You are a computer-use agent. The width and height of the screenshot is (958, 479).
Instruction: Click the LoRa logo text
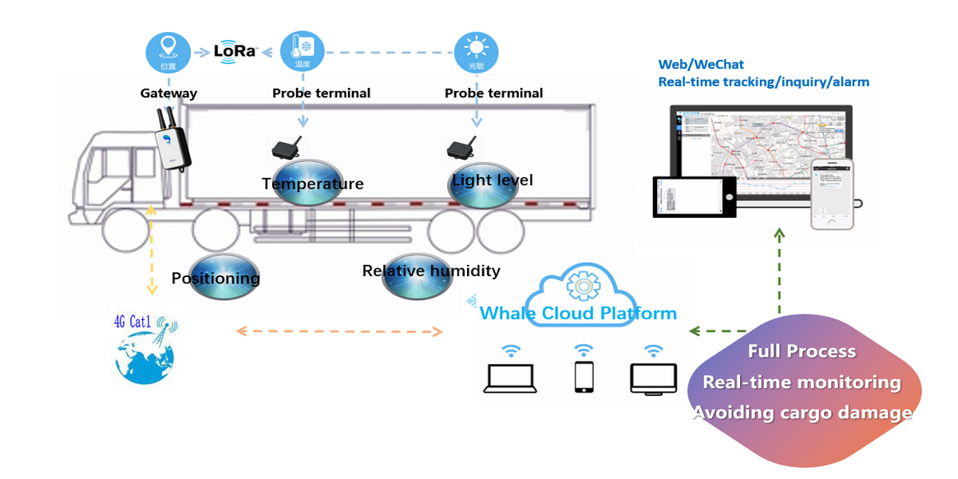235,51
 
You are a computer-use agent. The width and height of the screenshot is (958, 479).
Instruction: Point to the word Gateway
168,93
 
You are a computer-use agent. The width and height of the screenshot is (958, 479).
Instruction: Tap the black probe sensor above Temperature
286,148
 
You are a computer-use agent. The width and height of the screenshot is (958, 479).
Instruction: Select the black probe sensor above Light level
461,148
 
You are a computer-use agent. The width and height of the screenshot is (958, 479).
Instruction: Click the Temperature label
312,184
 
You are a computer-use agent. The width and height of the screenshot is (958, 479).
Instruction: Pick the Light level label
492,180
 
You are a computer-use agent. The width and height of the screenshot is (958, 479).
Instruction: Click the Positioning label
216,279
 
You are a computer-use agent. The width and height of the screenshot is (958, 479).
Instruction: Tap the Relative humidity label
431,271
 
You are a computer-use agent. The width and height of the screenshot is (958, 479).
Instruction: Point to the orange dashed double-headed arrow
338,331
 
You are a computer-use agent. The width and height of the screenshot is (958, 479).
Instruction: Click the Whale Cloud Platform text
578,313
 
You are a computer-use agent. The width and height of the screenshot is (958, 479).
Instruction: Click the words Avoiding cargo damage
802,413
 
